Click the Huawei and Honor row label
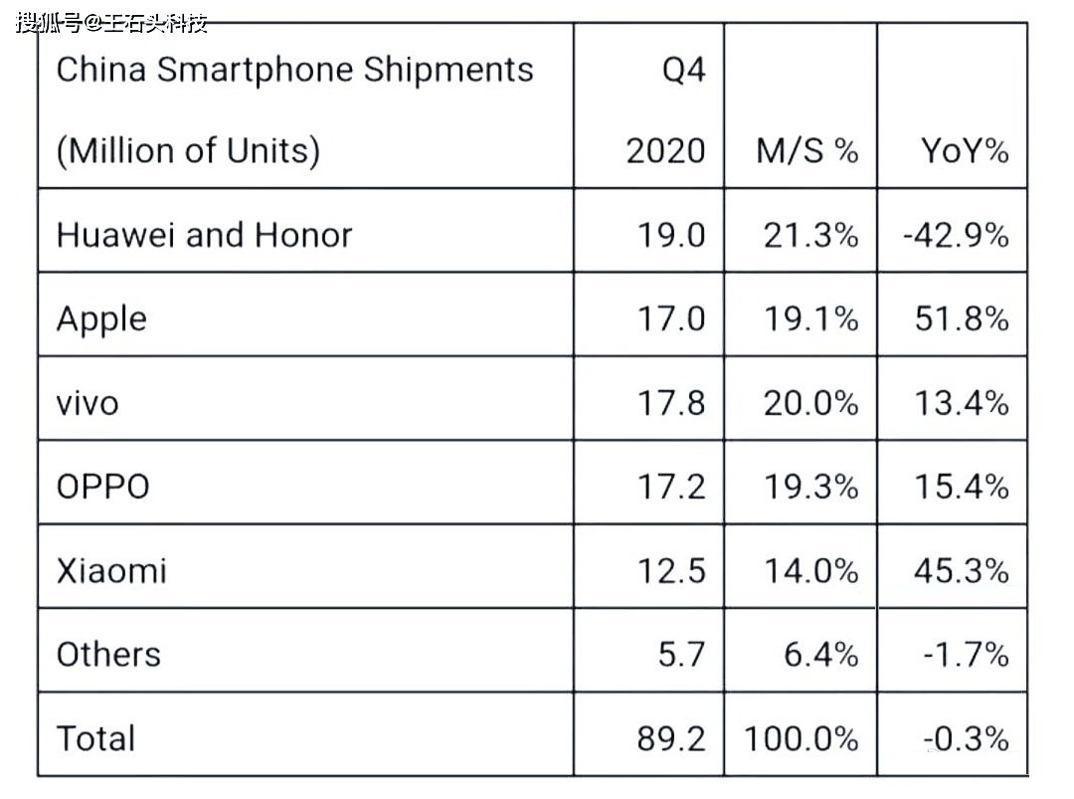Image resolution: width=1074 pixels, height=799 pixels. point(204,235)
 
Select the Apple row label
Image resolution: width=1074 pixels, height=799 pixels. point(101,319)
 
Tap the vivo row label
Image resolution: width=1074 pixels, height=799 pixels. point(88,403)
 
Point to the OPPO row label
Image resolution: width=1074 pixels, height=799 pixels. point(103,487)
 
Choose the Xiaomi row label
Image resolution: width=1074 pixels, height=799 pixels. point(111,571)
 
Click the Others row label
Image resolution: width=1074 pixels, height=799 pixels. point(108,655)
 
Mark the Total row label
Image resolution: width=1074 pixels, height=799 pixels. point(95,738)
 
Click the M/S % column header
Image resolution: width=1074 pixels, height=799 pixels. point(806,150)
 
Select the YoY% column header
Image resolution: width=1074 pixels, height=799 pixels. point(964,150)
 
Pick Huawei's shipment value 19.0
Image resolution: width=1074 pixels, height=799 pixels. point(671,235)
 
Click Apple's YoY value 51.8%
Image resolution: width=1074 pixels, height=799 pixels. point(961,319)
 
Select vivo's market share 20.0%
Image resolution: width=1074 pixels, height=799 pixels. point(810,403)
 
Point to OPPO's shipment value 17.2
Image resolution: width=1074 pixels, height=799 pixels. point(671,487)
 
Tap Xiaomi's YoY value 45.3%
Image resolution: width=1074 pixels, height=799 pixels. point(961,571)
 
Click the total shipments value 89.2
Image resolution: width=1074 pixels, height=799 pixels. point(671,738)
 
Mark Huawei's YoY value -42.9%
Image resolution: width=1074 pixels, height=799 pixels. point(955,235)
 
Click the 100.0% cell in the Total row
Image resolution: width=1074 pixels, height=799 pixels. point(802,738)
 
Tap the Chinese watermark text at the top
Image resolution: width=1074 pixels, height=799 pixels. point(111,22)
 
